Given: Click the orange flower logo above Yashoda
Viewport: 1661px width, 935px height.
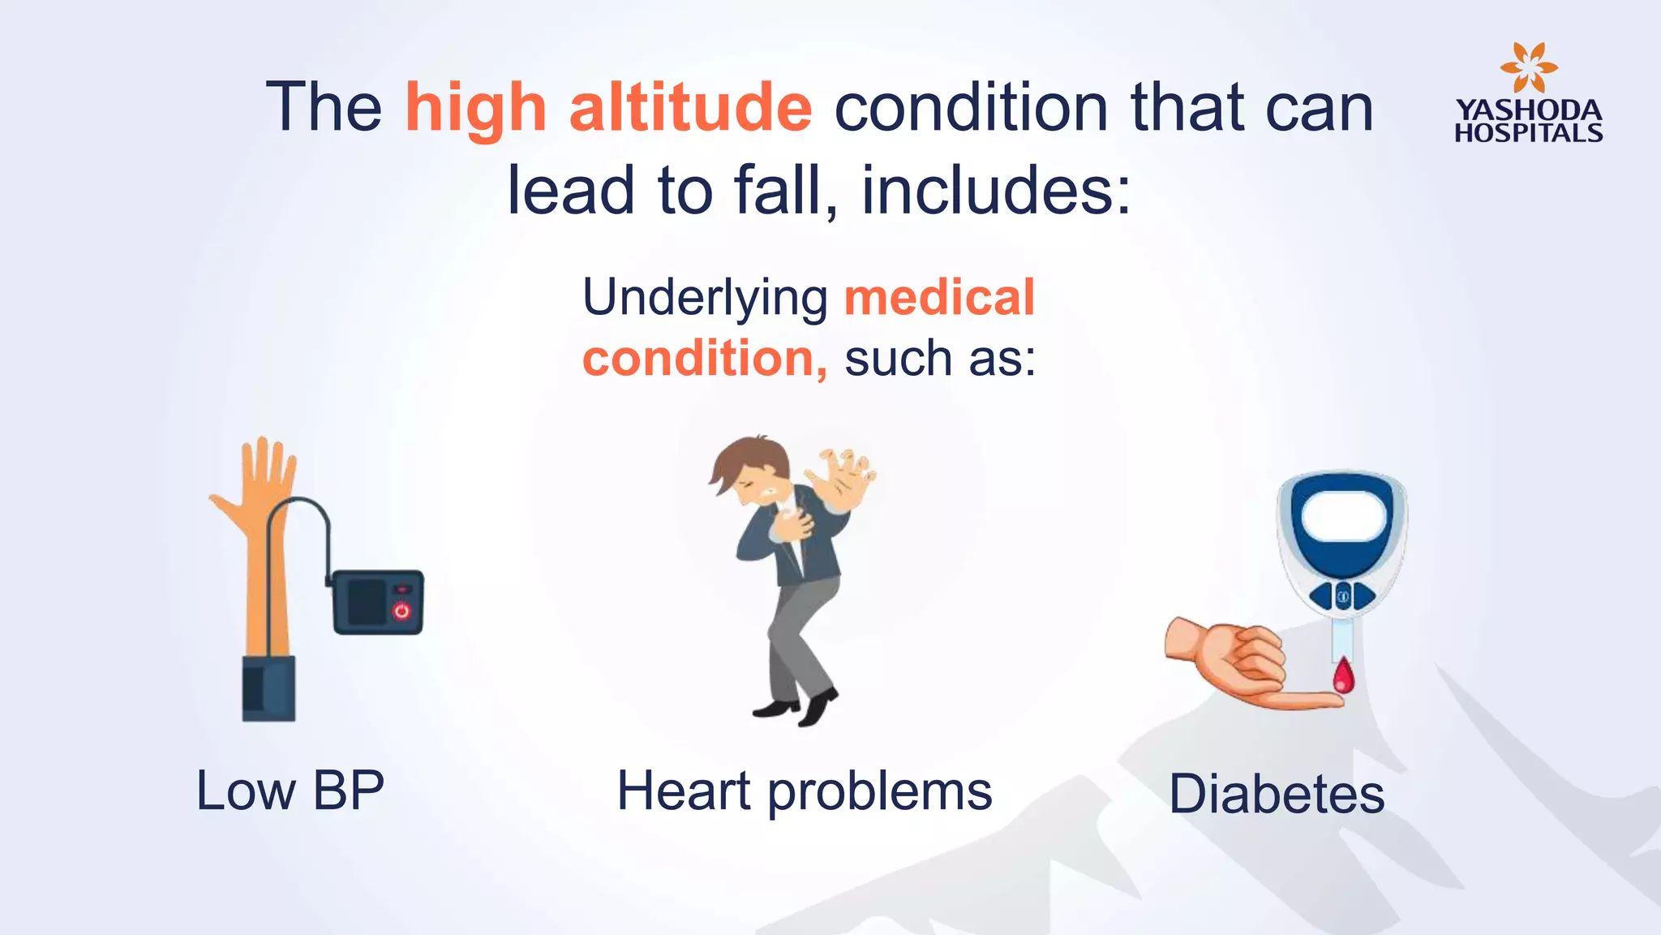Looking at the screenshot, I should tap(1528, 68).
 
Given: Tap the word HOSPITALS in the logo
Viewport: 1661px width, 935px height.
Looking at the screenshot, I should tap(1528, 133).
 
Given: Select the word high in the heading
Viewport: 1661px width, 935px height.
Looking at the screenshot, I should tap(476, 109).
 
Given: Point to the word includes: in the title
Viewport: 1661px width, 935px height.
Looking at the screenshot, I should tap(995, 192).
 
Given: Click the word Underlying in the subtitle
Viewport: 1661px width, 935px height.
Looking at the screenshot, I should tap(705, 298).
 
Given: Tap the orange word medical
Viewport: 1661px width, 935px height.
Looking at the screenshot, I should tap(939, 298).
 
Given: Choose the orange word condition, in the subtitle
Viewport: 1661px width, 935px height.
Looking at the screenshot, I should tap(704, 359).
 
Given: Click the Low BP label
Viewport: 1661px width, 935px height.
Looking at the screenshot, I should tap(290, 791).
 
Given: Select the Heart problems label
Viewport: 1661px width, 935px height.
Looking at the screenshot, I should tap(805, 791).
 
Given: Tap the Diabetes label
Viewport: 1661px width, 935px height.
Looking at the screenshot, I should tap(1277, 794).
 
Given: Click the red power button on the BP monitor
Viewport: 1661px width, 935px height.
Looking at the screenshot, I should tap(401, 610).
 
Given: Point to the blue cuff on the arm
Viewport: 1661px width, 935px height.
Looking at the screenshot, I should tap(268, 688).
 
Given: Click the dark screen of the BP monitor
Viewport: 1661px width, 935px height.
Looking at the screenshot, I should tap(367, 601).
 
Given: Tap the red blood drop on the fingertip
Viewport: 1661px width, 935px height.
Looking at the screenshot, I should tap(1344, 676).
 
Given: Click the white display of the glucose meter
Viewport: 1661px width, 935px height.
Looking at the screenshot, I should tap(1343, 516).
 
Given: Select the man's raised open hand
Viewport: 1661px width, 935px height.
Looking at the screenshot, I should tap(843, 477).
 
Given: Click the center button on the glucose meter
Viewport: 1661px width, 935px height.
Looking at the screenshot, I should tap(1343, 597).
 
